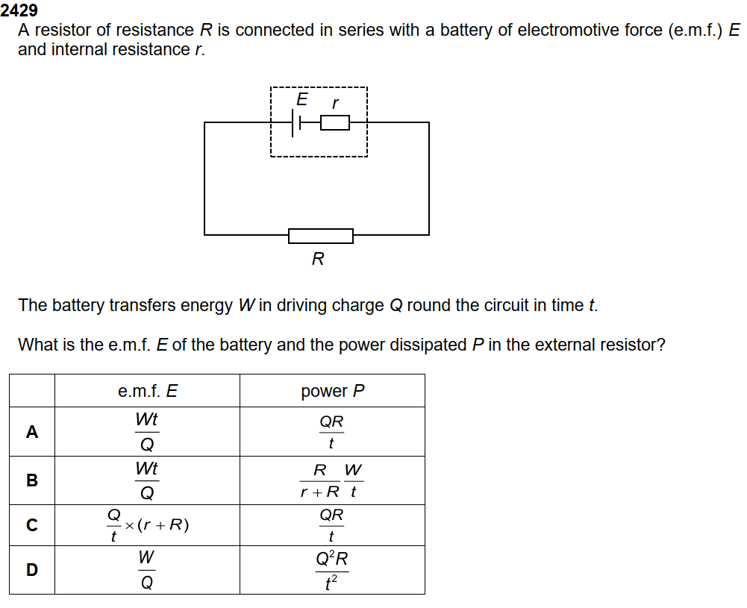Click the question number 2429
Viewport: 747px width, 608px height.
[19, 10]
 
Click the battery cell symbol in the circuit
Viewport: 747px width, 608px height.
[296, 123]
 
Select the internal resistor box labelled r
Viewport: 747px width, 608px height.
[335, 123]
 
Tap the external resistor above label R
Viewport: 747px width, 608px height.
[321, 236]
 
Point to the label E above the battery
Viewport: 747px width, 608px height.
[302, 99]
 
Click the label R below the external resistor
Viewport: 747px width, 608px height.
[318, 259]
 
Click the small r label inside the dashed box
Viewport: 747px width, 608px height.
[335, 103]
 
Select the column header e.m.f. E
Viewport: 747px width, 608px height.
[148, 391]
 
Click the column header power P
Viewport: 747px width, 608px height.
[333, 391]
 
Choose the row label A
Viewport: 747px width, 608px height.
[32, 432]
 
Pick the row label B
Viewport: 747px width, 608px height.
[32, 480]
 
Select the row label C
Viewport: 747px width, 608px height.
[32, 524]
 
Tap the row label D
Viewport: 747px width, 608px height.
[32, 569]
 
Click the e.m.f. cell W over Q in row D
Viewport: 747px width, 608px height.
[147, 569]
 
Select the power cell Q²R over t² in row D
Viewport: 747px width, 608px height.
[332, 570]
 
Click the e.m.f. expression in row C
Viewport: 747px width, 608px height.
[148, 525]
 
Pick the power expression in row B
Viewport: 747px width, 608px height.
[331, 480]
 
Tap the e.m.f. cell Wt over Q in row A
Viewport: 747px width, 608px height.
[147, 432]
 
